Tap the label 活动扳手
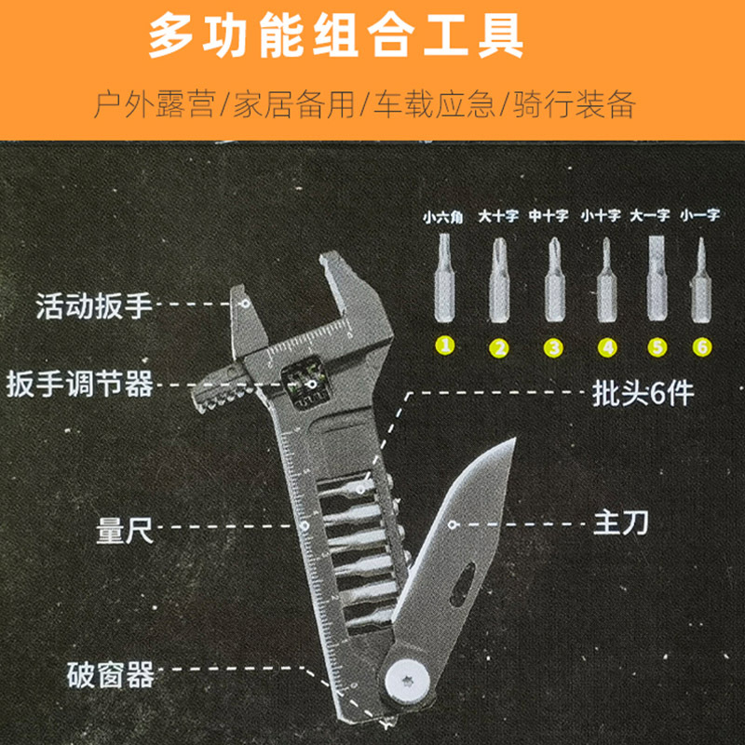click(x=93, y=305)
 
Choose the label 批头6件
click(x=643, y=394)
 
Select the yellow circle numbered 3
click(x=554, y=347)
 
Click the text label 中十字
click(x=549, y=216)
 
